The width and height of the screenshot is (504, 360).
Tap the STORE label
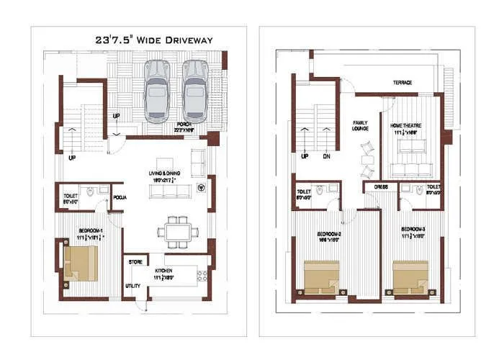(135, 262)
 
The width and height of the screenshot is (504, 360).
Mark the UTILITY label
(132, 286)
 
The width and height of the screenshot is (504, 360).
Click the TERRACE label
(402, 83)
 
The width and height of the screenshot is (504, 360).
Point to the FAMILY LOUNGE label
(361, 126)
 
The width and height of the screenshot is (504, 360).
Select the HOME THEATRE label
(406, 125)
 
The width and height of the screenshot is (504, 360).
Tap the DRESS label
(381, 186)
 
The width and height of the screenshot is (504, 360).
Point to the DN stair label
(325, 156)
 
